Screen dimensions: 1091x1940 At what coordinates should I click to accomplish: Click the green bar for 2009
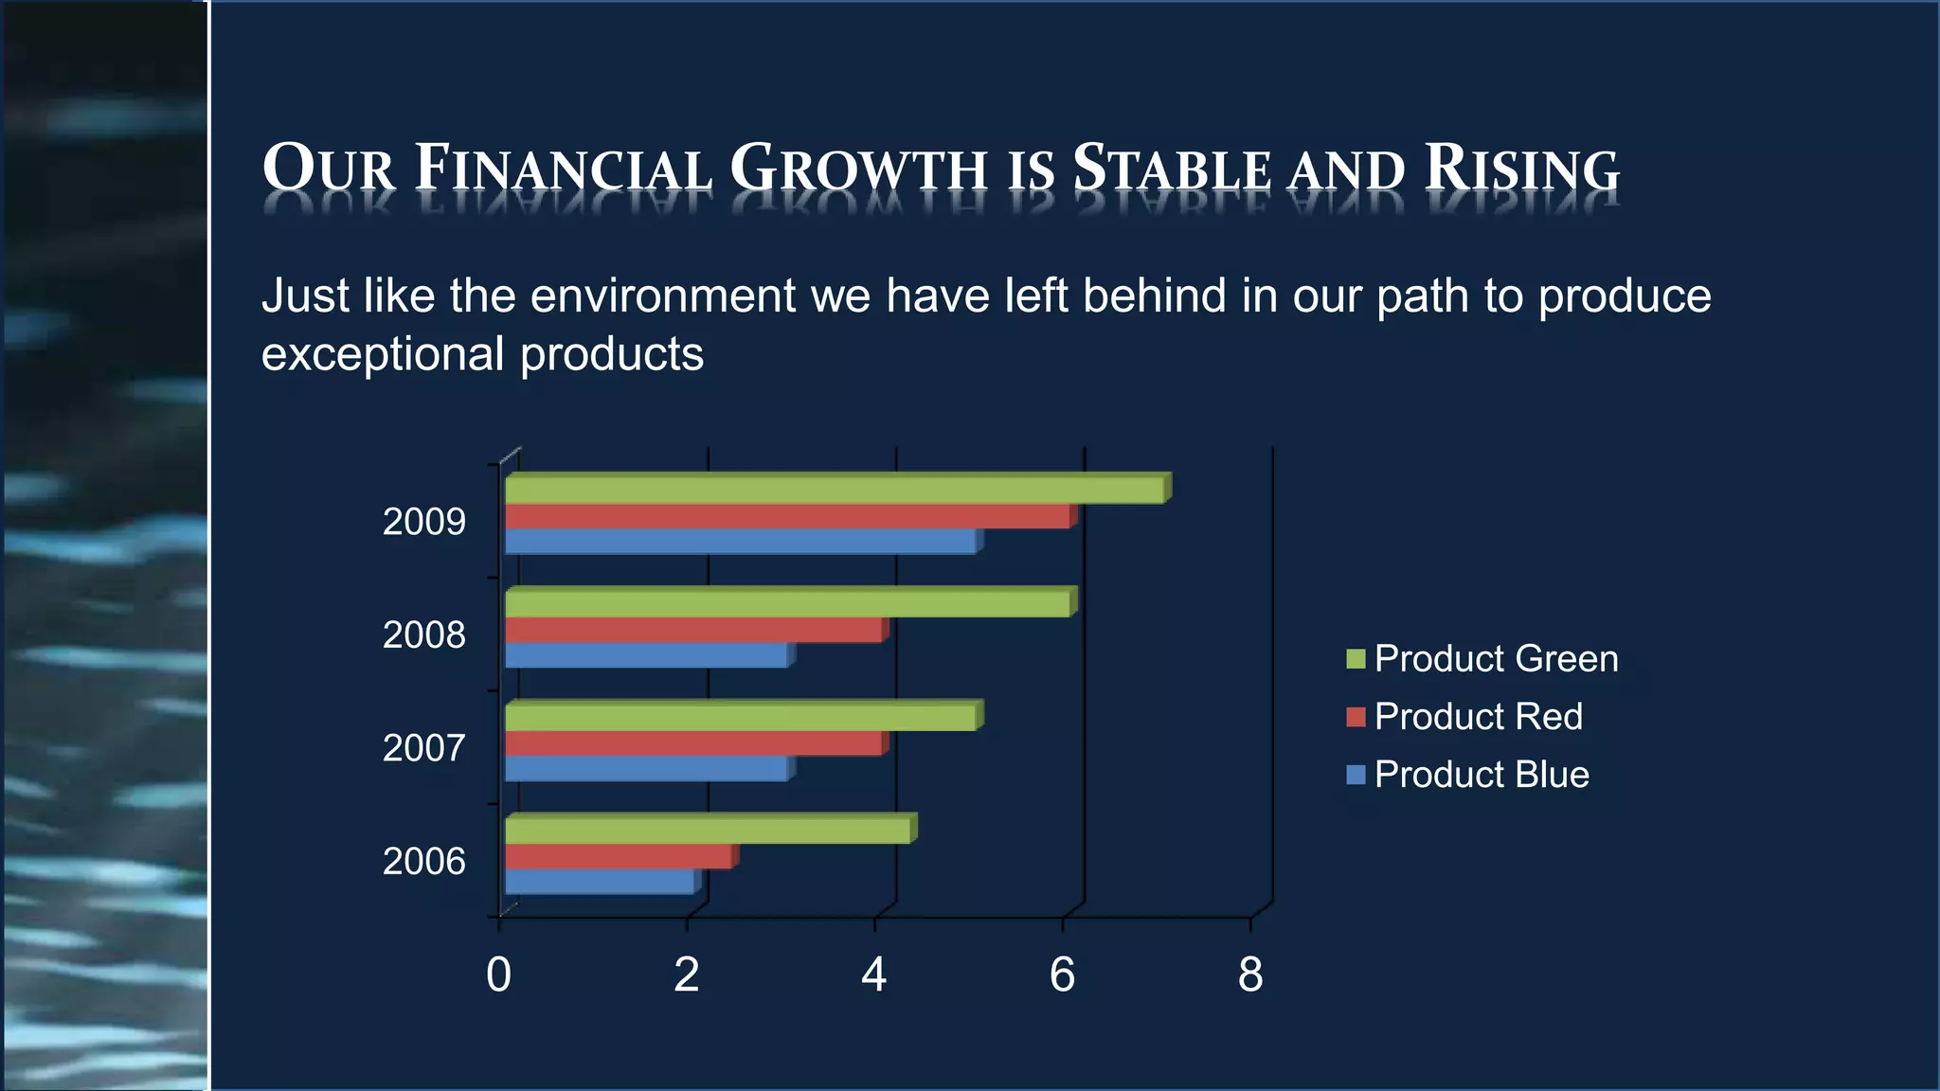point(834,491)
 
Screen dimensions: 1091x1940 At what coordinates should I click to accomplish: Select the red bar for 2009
point(786,517)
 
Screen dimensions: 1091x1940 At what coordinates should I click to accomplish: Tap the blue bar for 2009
point(739,542)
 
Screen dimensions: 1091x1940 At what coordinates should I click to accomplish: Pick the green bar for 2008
point(786,604)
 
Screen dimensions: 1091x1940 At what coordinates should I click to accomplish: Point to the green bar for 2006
point(707,831)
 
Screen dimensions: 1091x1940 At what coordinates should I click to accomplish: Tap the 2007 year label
point(423,748)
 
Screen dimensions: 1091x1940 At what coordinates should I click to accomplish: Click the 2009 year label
point(423,522)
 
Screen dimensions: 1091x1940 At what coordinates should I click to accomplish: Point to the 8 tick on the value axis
point(1250,975)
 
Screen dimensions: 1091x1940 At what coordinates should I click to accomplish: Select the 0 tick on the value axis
point(498,975)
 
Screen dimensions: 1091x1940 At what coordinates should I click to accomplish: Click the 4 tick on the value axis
point(874,975)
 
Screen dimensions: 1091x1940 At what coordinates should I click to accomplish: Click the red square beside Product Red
point(1356,717)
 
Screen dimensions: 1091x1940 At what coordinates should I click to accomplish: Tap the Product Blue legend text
point(1482,775)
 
